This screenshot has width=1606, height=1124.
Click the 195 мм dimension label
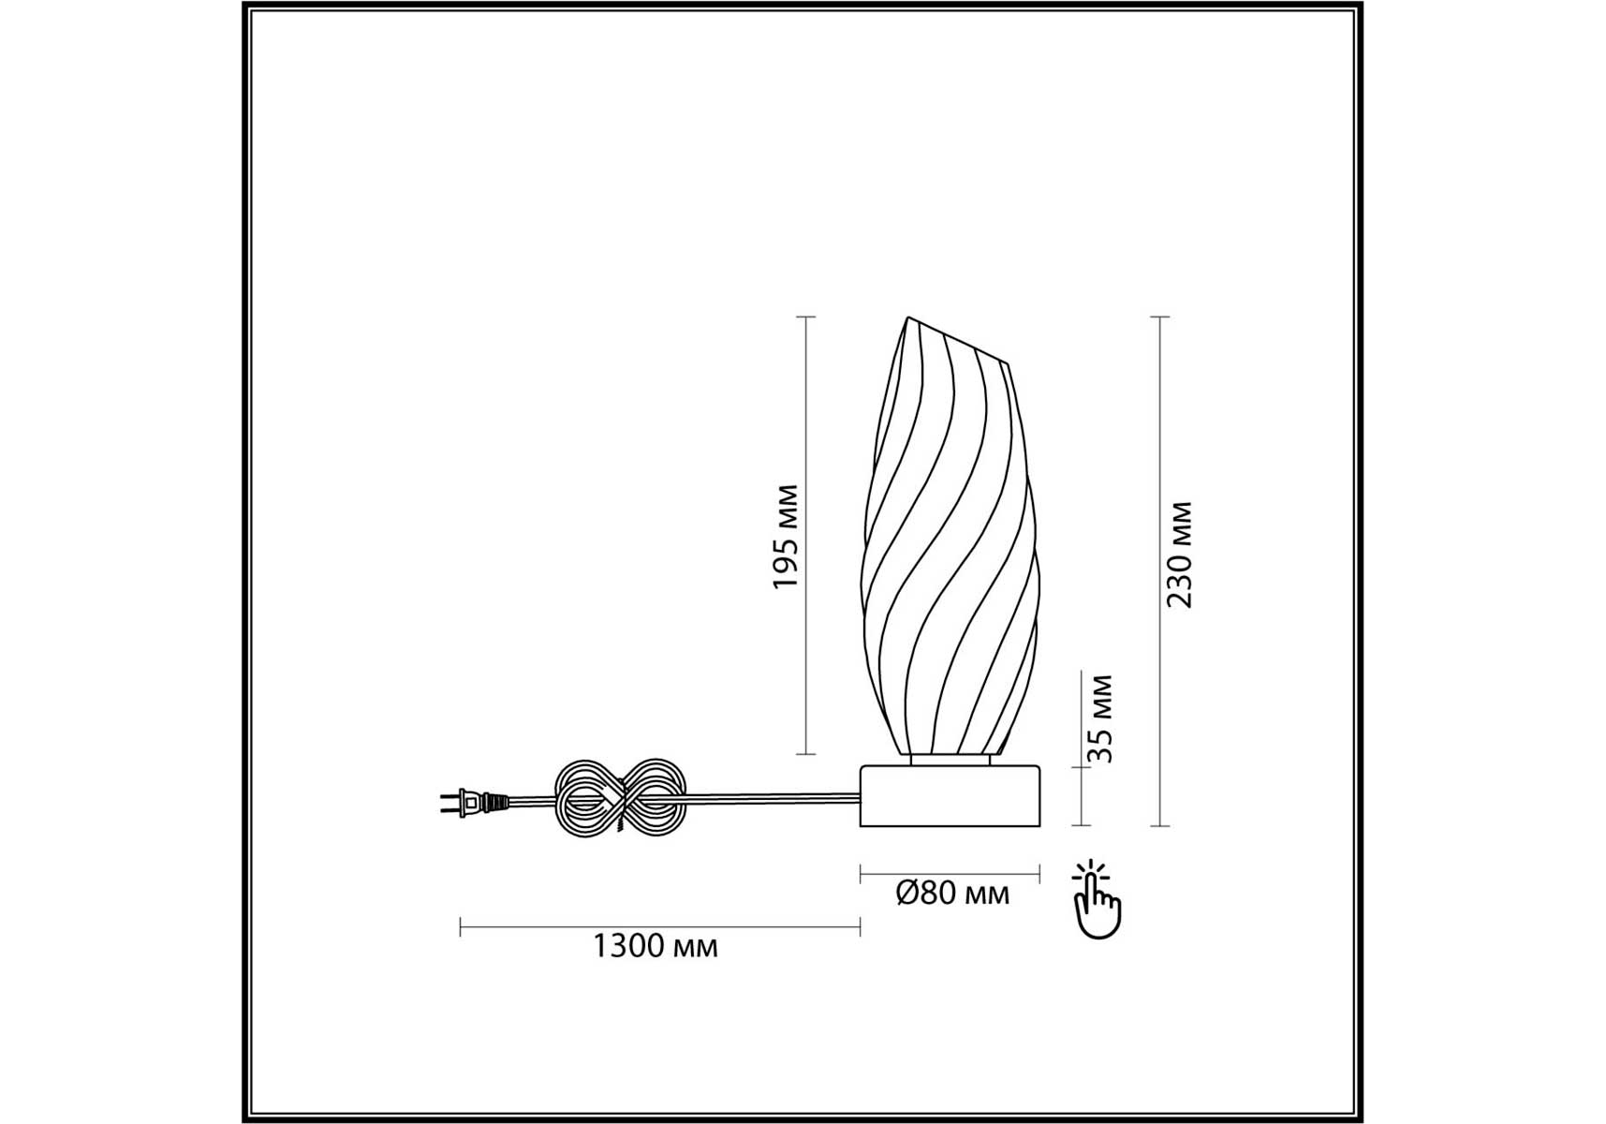click(785, 537)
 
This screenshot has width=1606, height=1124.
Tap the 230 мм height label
click(1180, 555)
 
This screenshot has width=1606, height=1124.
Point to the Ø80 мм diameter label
click(952, 894)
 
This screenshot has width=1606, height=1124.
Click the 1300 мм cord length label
click(656, 946)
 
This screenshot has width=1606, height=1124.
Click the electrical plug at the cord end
click(474, 802)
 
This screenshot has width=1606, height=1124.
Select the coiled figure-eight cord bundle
click(622, 800)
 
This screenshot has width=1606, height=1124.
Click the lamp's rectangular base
click(950, 795)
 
